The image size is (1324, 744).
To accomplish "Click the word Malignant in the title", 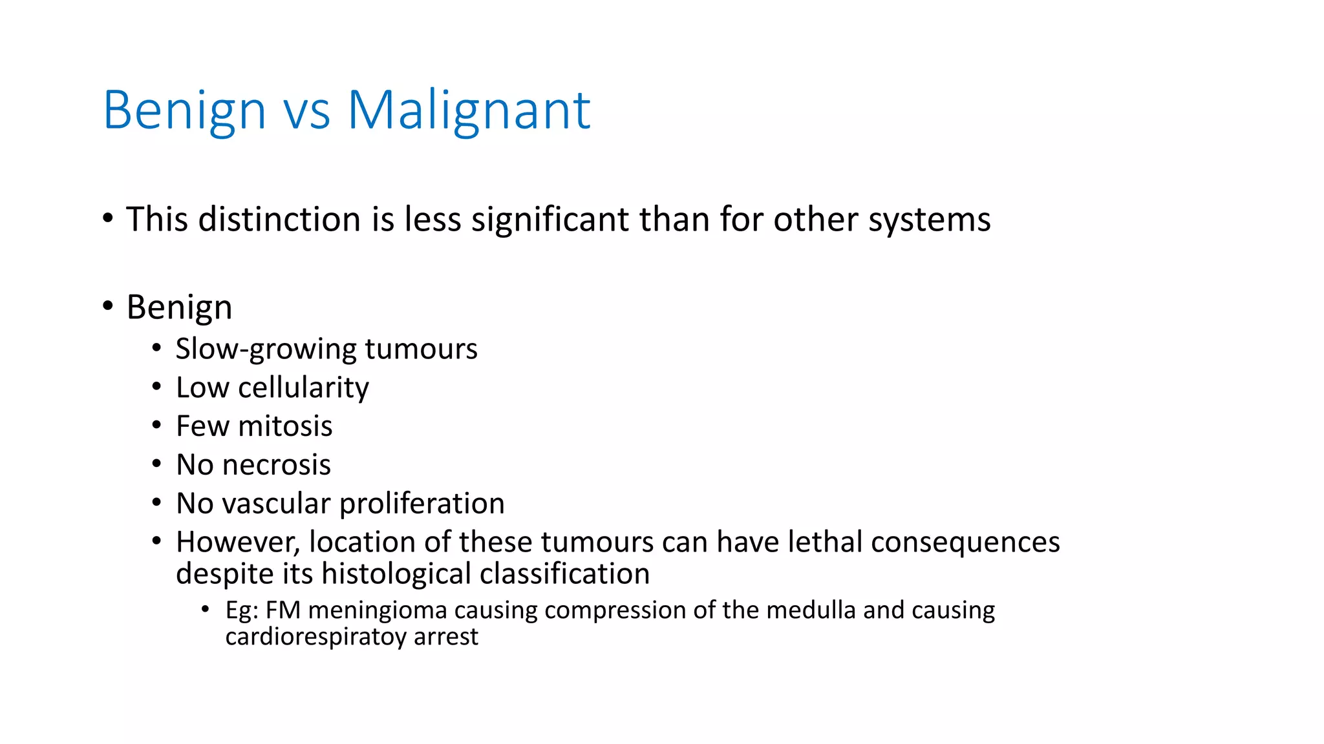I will point(469,110).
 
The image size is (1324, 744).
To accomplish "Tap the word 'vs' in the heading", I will point(306,110).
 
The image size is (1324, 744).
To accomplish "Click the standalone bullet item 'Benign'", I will point(179,307).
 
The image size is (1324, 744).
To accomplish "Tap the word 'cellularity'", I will point(303,387).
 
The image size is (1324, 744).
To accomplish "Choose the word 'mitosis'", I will point(284,426).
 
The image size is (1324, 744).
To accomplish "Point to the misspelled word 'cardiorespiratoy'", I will point(315,637).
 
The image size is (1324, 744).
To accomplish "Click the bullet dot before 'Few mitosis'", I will point(156,425).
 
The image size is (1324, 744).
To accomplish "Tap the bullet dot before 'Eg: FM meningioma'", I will point(206,608).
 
